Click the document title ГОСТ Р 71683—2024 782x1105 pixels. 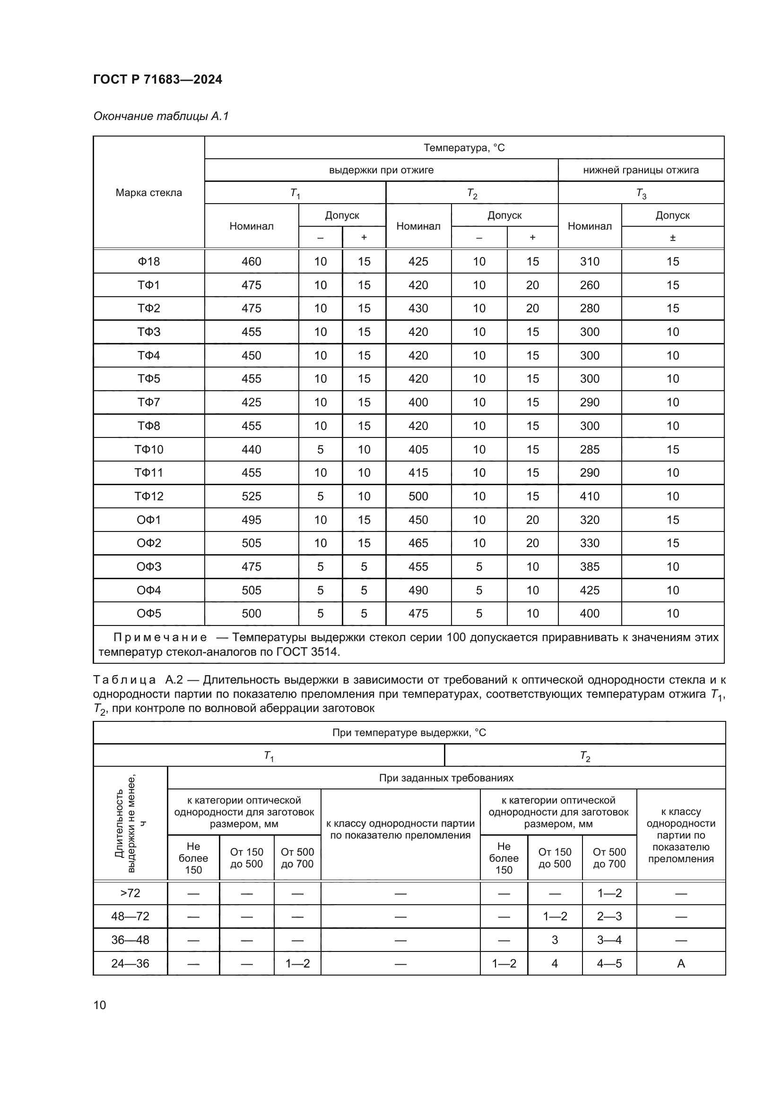coord(157,79)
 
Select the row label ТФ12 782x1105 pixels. coord(149,496)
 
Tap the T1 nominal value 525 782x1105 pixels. coord(252,496)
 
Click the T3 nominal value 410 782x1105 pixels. coord(590,496)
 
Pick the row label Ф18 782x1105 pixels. coord(149,261)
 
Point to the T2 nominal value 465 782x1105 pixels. coord(418,543)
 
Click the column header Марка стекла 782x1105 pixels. coord(149,192)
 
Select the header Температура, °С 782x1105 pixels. coord(464,148)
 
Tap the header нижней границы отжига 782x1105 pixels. coord(641,170)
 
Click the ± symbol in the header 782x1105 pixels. coord(672,238)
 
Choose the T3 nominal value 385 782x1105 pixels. coord(590,566)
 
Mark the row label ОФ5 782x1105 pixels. coord(149,613)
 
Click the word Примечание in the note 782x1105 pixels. coord(160,637)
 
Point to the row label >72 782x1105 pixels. coord(130,893)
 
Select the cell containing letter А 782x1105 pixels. coord(680,963)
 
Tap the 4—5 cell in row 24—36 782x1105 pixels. coord(609,963)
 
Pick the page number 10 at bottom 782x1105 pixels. coord(100,1005)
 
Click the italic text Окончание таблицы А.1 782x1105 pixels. coord(161,116)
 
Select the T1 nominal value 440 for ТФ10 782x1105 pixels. coord(252,449)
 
